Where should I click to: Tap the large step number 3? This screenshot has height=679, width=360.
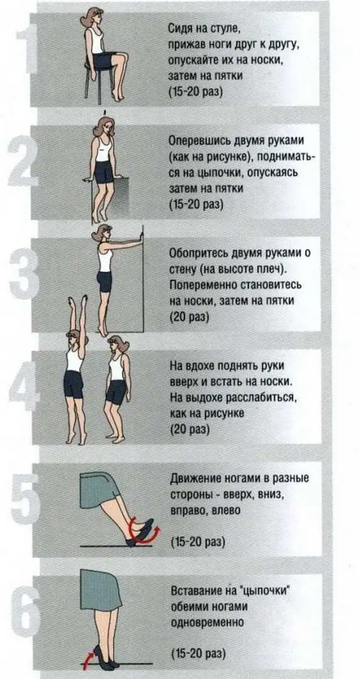[23, 276]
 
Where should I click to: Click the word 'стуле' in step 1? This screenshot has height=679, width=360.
[226, 31]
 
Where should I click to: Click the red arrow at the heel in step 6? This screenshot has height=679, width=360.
[88, 658]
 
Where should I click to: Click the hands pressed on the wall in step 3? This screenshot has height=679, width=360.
[139, 239]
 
